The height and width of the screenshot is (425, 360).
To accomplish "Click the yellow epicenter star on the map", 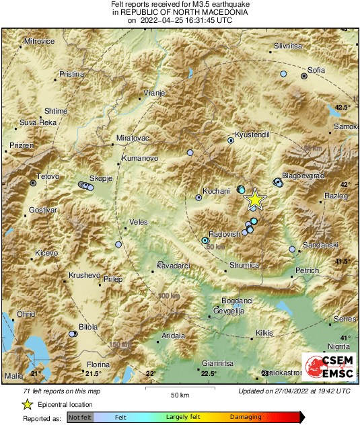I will (x=255, y=199).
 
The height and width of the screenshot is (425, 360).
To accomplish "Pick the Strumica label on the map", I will (x=244, y=266).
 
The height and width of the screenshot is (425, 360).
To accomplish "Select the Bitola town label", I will (x=88, y=327).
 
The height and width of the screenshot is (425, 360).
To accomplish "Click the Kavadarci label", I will (x=174, y=266).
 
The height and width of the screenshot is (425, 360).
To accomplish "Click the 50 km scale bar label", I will (x=179, y=394).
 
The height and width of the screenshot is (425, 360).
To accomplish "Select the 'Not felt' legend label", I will (x=81, y=417).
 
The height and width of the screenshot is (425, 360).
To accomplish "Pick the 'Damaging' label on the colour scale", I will (x=246, y=417).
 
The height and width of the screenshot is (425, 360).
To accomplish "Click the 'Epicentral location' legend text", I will (x=66, y=405).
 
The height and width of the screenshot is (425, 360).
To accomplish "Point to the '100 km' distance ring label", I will (x=169, y=296).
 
